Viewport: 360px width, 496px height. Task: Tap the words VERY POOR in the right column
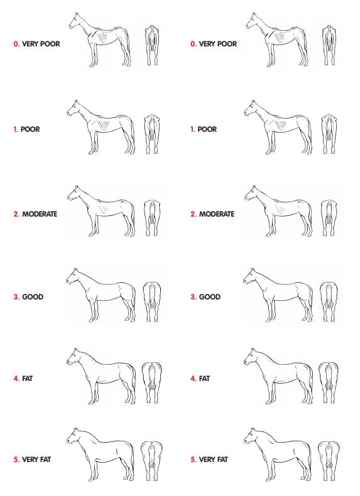[218, 44]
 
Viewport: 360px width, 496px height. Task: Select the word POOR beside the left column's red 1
[30, 129]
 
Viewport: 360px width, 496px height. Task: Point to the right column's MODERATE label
[217, 214]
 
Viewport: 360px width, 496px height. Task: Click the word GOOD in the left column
[33, 297]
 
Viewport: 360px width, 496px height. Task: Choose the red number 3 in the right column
[193, 297]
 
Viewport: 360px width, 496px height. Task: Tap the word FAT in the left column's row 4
[27, 379]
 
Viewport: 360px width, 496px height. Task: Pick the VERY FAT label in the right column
[214, 460]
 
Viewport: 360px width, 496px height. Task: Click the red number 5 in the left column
[16, 460]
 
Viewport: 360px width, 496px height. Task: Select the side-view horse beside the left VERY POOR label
[100, 40]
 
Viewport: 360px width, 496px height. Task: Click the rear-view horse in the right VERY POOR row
[329, 45]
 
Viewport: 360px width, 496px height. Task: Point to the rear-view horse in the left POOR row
[152, 134]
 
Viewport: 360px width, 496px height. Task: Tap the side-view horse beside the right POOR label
[278, 127]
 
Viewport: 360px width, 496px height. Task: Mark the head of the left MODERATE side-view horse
[74, 193]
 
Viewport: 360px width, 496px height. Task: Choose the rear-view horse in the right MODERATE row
[329, 218]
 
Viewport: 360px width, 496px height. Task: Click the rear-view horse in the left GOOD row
[152, 302]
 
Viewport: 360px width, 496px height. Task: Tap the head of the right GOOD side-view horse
[250, 276]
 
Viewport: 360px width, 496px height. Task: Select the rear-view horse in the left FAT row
[151, 382]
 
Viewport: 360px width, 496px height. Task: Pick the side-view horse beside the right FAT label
[278, 376]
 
